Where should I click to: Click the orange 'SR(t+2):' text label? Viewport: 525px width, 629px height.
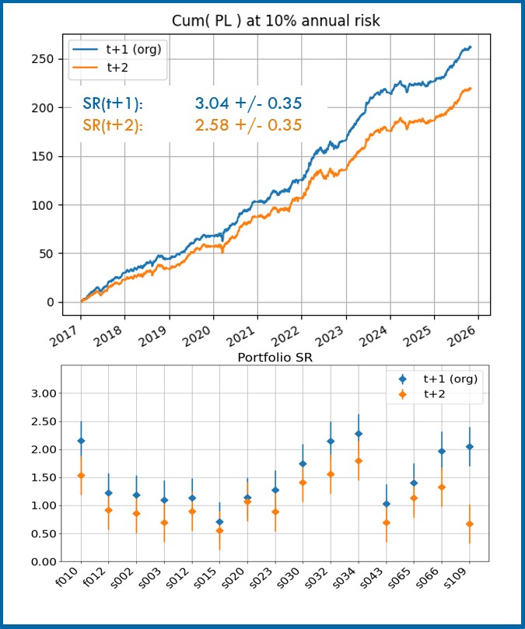click(113, 125)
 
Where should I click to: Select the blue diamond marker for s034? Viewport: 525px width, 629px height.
click(359, 434)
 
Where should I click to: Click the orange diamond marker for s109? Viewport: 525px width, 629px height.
click(469, 524)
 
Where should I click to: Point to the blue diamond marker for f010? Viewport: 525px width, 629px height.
click(81, 441)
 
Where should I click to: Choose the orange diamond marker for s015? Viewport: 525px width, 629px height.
click(219, 530)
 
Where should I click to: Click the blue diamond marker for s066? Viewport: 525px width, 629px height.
click(442, 451)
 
